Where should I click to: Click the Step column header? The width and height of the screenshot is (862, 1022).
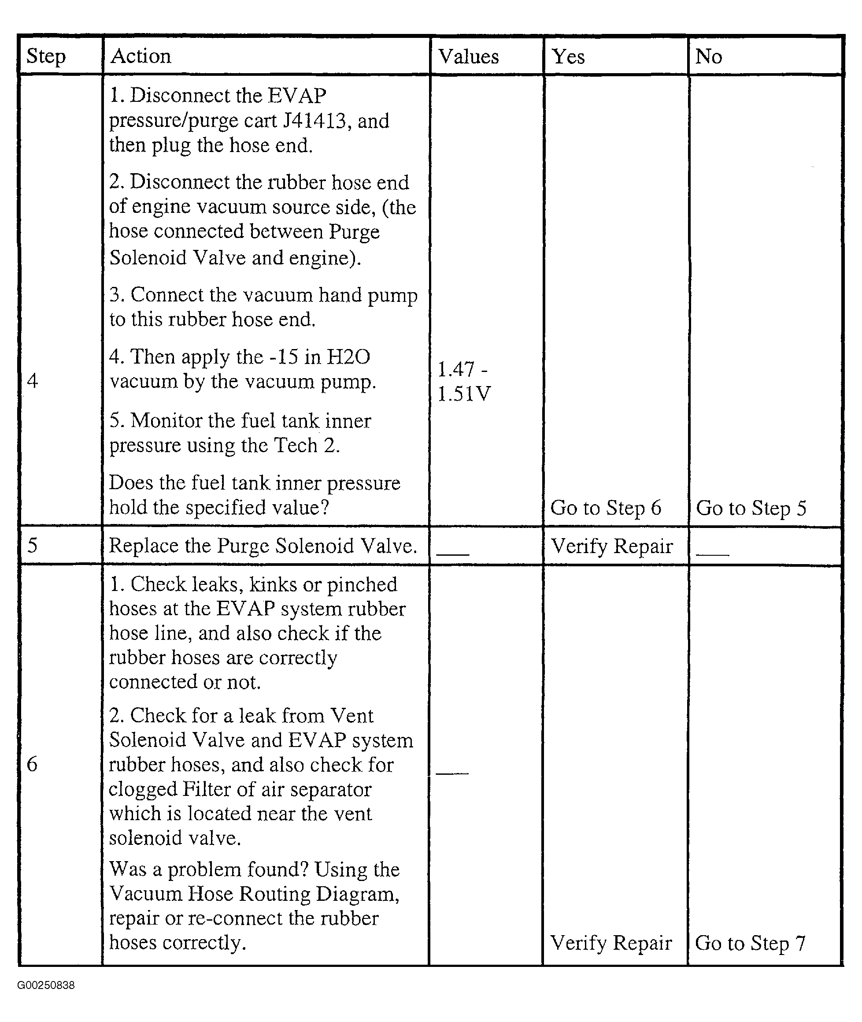click(x=46, y=56)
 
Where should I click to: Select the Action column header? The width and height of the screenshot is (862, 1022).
click(x=141, y=56)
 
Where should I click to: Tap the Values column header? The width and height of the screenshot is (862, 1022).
click(x=468, y=57)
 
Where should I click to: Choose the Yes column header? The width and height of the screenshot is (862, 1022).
click(x=568, y=57)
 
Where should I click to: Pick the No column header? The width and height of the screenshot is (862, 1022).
click(x=708, y=57)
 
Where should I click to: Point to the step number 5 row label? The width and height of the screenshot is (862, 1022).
click(x=32, y=545)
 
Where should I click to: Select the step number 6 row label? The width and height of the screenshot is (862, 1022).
click(x=32, y=764)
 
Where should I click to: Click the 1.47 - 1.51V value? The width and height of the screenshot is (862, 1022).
click(x=463, y=381)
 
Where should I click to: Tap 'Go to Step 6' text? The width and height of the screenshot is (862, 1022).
click(x=606, y=508)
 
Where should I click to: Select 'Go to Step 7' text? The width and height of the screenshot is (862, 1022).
click(x=750, y=943)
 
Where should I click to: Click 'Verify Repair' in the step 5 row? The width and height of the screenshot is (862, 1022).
click(x=612, y=546)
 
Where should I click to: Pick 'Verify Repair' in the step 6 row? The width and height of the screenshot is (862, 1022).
click(x=611, y=943)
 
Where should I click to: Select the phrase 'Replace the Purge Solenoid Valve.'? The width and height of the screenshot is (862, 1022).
click(x=263, y=546)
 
